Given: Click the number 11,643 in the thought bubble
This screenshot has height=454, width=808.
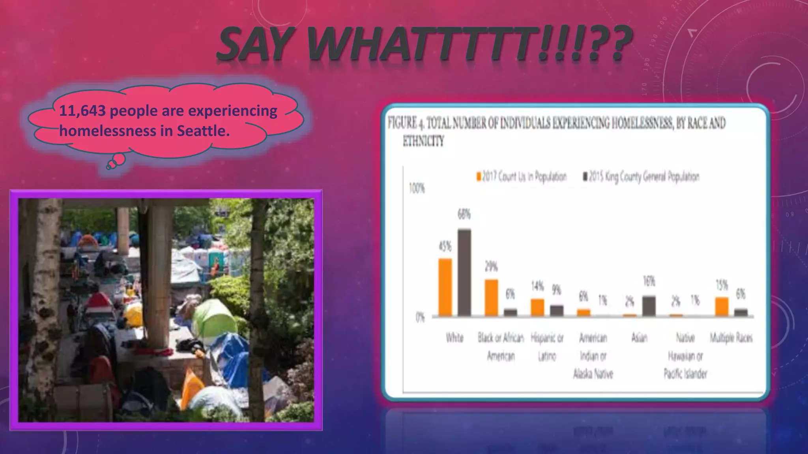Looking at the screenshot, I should pos(82,111).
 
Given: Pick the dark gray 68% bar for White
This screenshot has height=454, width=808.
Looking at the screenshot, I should pos(464,272).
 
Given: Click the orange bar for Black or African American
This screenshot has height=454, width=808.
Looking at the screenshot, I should pos(491,298).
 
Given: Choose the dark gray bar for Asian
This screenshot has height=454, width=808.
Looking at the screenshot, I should pos(649,306).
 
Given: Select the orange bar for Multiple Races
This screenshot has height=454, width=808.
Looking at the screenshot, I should pos(722,307).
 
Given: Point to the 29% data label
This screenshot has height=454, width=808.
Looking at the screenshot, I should pos(491,267).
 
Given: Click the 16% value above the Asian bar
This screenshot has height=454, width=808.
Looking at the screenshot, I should pos(649,281).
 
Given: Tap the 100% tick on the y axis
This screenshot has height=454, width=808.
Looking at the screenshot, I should pos(417,189).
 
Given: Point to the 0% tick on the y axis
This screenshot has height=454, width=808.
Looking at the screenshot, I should pos(420,318).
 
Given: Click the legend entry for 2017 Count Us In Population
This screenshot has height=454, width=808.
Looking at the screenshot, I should pos(522,177).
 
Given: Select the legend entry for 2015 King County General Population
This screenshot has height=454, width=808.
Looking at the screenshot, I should pos(642,177).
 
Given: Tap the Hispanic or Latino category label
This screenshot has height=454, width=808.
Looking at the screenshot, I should pos(547,347).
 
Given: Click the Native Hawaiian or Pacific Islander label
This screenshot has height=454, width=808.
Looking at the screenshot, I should pos(685,356).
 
